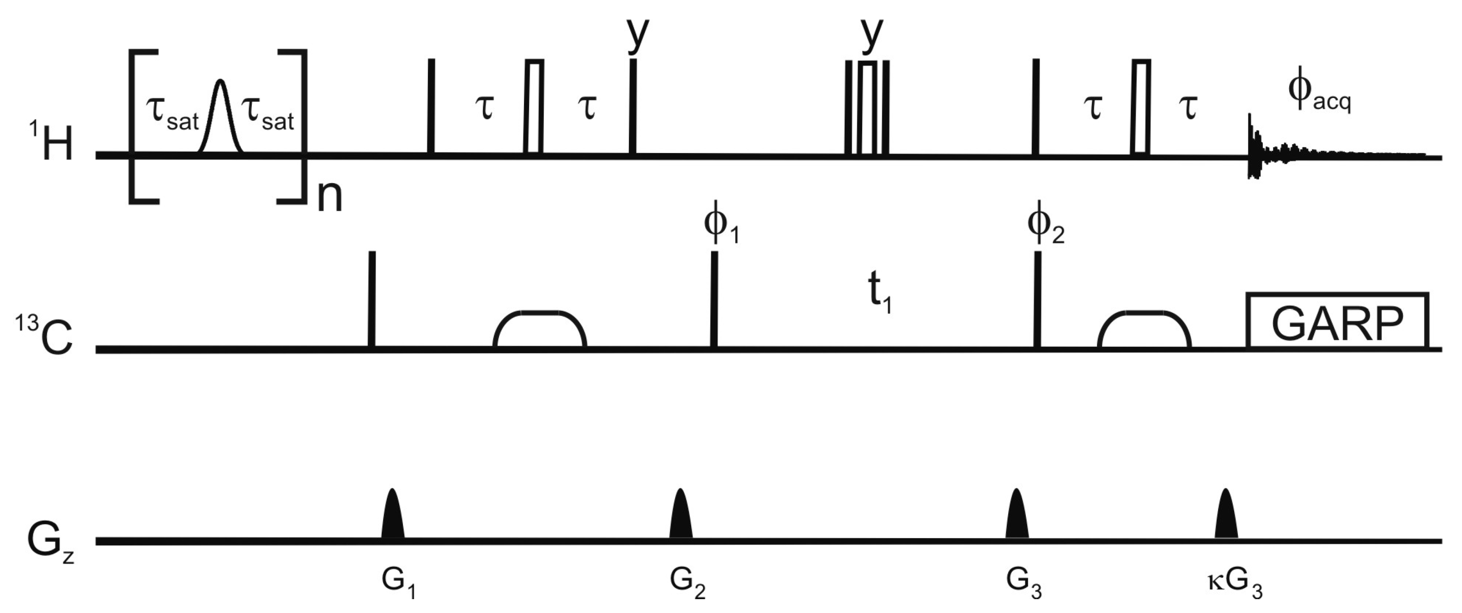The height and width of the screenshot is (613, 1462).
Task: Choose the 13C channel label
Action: pos(44,336)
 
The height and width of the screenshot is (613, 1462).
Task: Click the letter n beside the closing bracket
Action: pos(329,196)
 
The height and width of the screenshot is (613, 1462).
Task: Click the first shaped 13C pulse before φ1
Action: pos(540,329)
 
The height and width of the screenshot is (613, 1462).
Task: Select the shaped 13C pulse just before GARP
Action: pos(1144,329)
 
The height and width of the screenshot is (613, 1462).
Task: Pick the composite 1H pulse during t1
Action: pos(867,108)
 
